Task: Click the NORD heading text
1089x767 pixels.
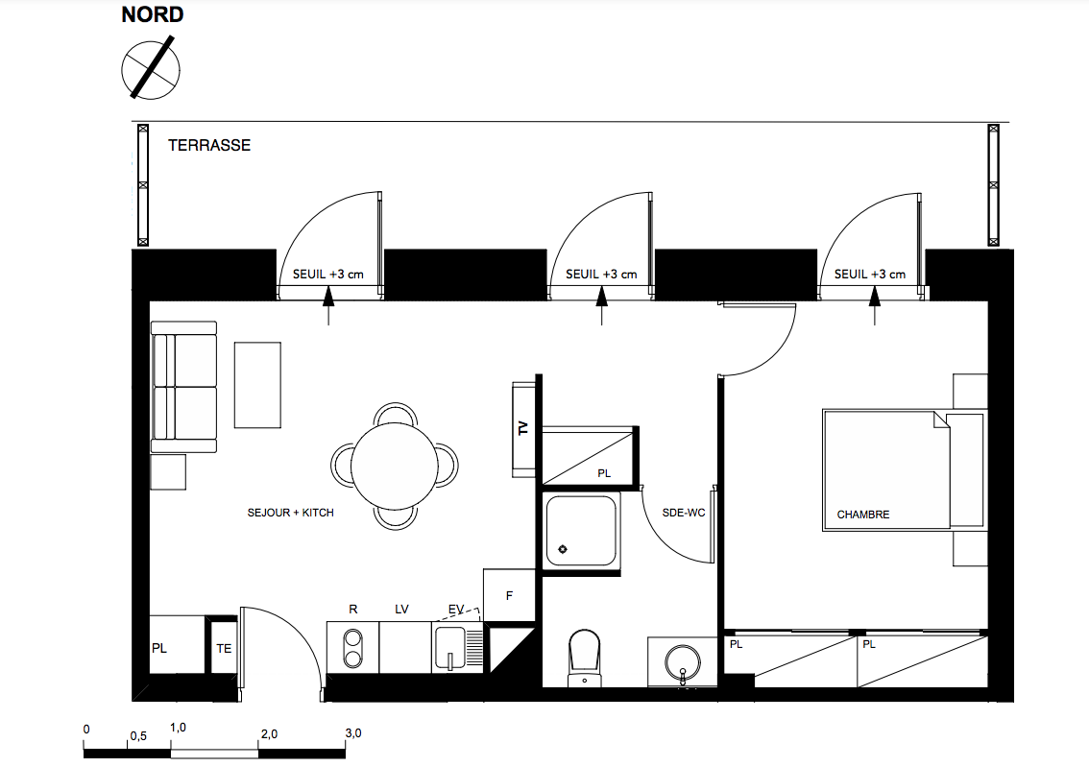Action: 152,14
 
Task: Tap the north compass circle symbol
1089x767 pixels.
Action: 151,69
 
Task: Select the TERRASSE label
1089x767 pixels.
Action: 209,145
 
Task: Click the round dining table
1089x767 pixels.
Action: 395,466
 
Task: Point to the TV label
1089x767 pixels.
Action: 523,428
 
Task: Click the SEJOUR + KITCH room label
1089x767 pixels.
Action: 290,513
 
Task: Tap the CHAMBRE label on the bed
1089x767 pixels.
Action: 862,515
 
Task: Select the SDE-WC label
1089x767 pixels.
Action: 684,513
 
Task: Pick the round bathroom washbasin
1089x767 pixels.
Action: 682,661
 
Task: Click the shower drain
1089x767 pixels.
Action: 563,549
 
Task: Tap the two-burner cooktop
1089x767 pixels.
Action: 352,648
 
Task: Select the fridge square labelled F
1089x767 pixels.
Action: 509,595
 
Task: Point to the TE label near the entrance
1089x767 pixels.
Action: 224,648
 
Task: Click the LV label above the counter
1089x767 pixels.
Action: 401,609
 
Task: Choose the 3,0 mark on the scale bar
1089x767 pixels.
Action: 353,733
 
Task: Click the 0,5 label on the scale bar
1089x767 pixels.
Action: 138,735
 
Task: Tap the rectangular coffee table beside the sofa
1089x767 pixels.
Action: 257,385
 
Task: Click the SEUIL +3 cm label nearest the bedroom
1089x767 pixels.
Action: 869,275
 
